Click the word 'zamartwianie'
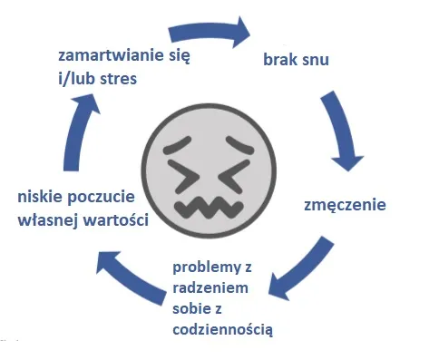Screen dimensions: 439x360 (x=111, y=56)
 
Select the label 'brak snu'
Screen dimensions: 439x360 (x=296, y=60)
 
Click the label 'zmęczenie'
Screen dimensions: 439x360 (x=345, y=206)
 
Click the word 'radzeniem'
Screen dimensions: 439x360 (x=210, y=287)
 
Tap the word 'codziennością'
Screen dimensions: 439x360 (x=222, y=329)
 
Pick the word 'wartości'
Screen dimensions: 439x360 (x=116, y=219)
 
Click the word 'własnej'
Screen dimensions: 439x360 (x=49, y=219)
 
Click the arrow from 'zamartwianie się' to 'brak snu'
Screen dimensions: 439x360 (x=210, y=33)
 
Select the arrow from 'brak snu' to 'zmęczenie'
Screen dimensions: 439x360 (x=341, y=131)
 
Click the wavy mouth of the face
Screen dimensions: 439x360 (x=209, y=207)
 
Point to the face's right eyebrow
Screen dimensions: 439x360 (x=240, y=144)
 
